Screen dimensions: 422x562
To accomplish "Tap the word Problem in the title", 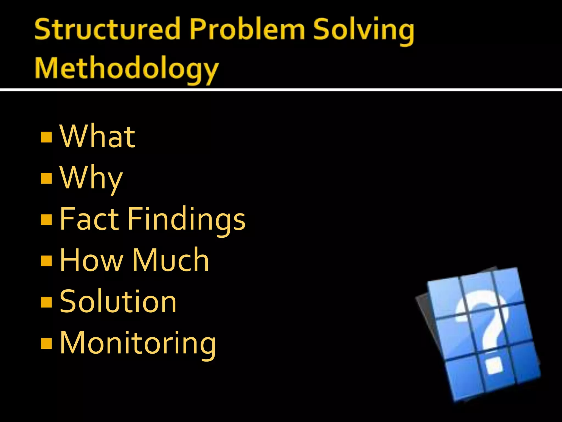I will click(247, 29).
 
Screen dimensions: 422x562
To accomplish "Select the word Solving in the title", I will click(363, 30).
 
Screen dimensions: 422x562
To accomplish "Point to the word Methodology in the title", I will click(127, 69).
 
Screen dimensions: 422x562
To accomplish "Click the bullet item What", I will click(97, 136).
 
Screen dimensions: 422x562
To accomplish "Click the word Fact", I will click(89, 219).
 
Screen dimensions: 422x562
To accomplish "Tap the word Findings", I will click(186, 220).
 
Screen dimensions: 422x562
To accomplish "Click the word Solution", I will click(118, 301).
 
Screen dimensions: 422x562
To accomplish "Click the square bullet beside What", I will click(46, 137).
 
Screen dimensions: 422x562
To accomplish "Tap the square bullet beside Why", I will click(46, 178).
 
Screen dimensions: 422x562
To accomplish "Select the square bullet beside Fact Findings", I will click(46, 220).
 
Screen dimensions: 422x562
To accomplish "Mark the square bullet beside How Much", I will click(46, 261).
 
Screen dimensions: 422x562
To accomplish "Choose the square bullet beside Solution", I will click(46, 302).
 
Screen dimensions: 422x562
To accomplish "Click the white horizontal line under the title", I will click(281, 90).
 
